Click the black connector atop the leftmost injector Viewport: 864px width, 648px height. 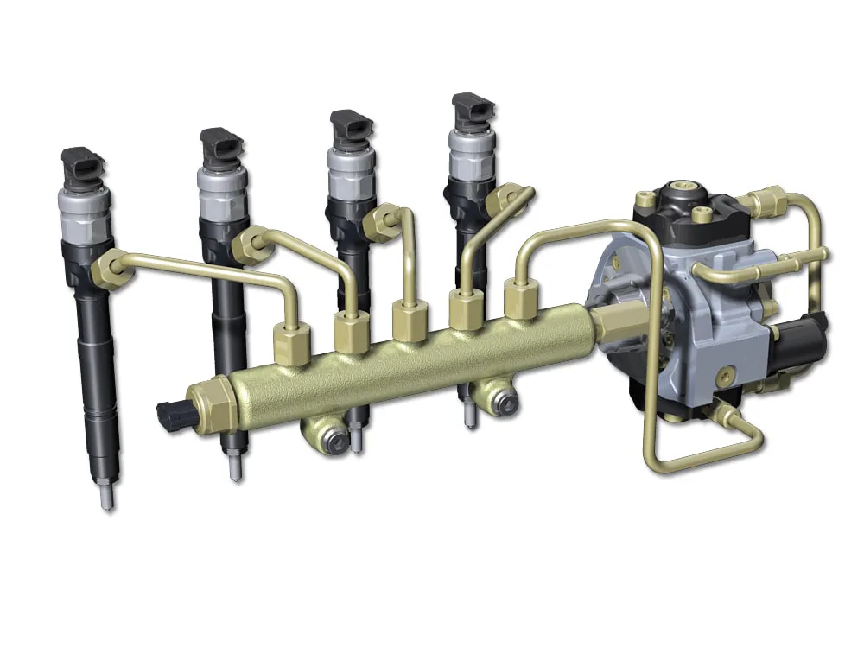pyautogui.click(x=83, y=163)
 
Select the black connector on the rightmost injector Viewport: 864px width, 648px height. pyautogui.click(x=473, y=111)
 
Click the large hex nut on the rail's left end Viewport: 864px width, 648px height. pyautogui.click(x=212, y=404)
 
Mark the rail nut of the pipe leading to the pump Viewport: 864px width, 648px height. pyautogui.click(x=520, y=301)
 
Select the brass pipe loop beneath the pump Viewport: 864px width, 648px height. pyautogui.click(x=700, y=454)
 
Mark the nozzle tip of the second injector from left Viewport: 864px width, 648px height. pyautogui.click(x=233, y=467)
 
